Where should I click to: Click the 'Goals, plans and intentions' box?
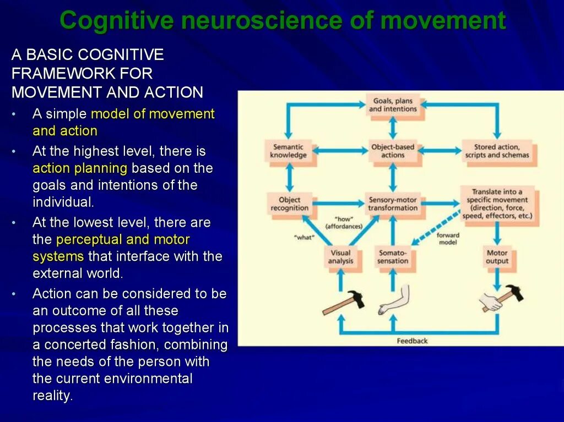tap(393, 105)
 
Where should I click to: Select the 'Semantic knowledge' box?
tap(288, 151)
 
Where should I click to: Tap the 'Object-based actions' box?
tap(393, 151)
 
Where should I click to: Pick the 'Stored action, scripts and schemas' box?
tap(497, 151)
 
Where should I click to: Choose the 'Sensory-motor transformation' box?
tap(393, 204)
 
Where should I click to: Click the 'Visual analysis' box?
tap(340, 257)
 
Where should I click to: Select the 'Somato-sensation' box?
tap(393, 257)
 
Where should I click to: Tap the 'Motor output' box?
tap(497, 257)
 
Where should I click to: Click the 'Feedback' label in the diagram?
tap(412, 341)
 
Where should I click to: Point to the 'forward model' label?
tap(448, 238)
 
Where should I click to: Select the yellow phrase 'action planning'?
tap(80, 168)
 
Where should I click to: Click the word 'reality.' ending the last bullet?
tap(53, 396)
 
